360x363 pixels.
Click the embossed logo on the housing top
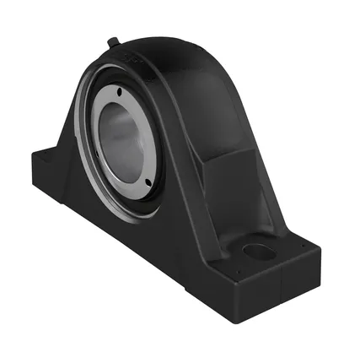[x=134, y=53]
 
